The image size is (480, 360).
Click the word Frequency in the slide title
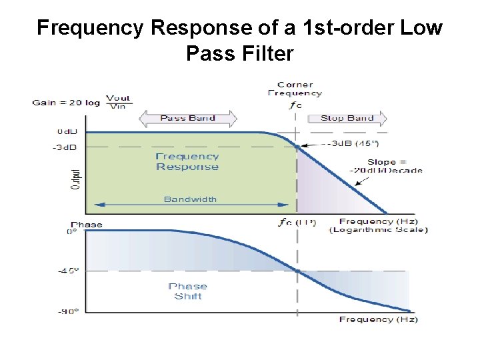91,29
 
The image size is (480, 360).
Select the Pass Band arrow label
187,118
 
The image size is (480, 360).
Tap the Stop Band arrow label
347,118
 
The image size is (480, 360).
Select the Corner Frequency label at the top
295,89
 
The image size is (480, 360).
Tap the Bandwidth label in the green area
190,199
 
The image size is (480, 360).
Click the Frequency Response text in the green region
187,161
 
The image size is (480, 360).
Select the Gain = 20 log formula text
81,103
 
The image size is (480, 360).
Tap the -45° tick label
67,270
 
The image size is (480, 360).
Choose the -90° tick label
67,311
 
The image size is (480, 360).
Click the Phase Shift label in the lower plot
187,291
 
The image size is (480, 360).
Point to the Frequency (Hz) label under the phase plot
378,319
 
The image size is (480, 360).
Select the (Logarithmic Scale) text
378,230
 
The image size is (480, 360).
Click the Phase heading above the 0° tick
87,224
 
